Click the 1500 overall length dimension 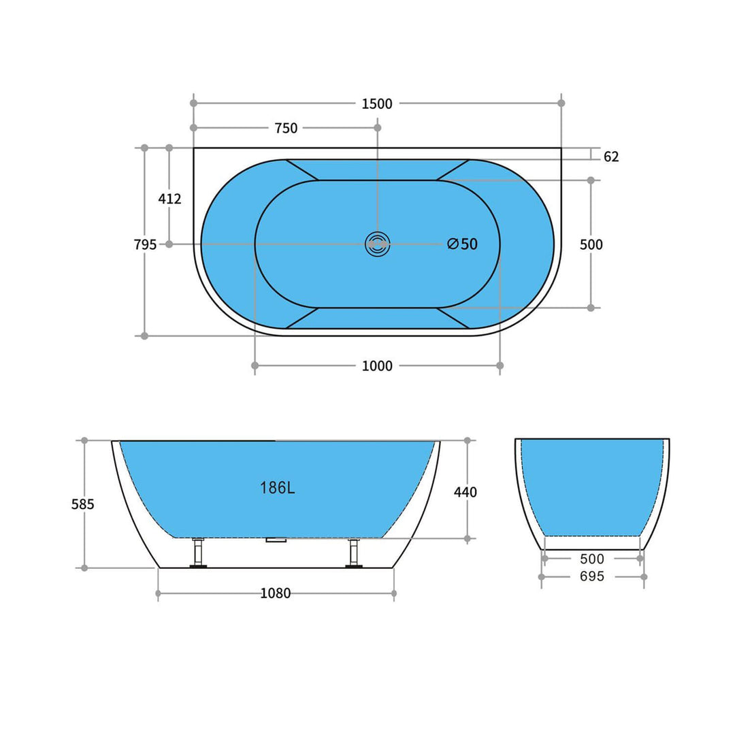[x=377, y=103]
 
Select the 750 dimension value [x=286, y=128]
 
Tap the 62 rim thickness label [x=611, y=157]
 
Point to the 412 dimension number [x=169, y=199]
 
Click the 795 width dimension [x=145, y=244]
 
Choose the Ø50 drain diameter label [x=463, y=244]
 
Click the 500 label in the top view [x=591, y=244]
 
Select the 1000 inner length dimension [x=377, y=366]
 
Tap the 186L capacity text [x=277, y=488]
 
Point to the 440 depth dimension [x=465, y=492]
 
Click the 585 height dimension [x=83, y=504]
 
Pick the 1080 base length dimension [x=276, y=593]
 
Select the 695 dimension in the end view [x=592, y=576]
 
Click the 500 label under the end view [x=592, y=559]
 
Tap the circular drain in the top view [x=377, y=244]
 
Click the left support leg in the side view [x=198, y=552]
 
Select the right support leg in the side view [x=353, y=552]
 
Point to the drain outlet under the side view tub [x=276, y=540]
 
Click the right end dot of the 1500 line [x=561, y=103]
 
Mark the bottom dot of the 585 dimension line [x=84, y=568]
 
